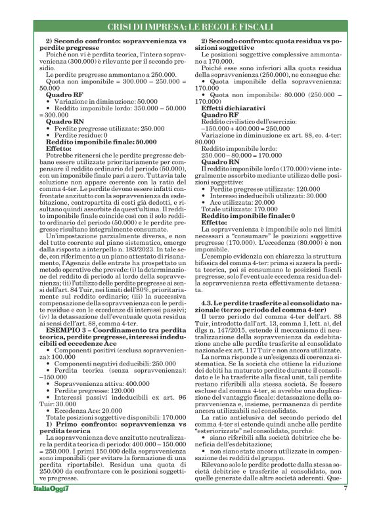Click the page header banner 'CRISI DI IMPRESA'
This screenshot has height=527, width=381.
(190, 27)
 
